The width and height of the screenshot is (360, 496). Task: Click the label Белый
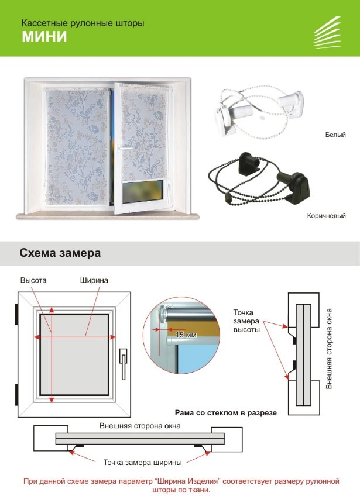pos(335,135)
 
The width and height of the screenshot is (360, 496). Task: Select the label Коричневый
pos(326,216)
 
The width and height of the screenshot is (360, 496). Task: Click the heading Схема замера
pos(60,253)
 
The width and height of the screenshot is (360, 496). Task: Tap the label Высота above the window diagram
pos(33,281)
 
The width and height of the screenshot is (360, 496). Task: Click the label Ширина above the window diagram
pos(94,281)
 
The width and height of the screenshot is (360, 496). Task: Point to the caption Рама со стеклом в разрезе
pos(225,412)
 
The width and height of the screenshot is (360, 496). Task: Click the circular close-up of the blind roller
pos(181,336)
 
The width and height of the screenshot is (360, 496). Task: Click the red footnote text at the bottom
pos(181,485)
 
